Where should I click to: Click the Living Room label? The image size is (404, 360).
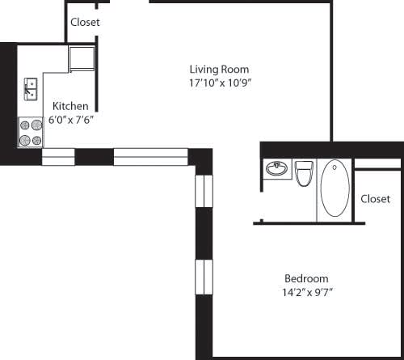(x=219, y=70)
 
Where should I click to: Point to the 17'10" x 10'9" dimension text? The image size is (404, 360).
(x=219, y=83)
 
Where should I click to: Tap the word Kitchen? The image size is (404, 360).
(x=70, y=107)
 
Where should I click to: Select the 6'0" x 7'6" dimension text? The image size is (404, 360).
(x=70, y=120)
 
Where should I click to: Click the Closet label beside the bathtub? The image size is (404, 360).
(x=376, y=199)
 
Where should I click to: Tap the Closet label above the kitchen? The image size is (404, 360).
(x=85, y=23)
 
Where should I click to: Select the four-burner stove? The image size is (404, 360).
(x=31, y=133)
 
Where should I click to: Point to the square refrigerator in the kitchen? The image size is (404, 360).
(x=82, y=59)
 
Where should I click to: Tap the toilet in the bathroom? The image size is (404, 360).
(x=304, y=173)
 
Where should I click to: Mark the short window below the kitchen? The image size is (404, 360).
(x=58, y=156)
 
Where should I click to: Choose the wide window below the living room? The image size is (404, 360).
(x=150, y=156)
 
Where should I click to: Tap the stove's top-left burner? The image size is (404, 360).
(x=25, y=125)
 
